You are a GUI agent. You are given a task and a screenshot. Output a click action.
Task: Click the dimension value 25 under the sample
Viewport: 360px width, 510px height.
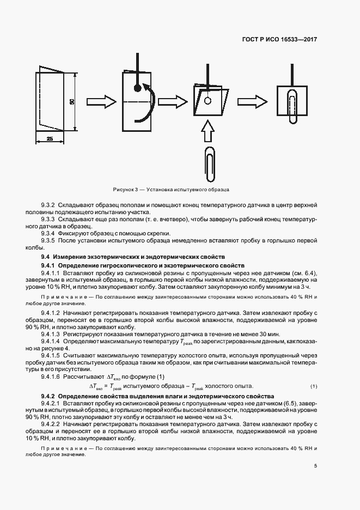pos(50,139)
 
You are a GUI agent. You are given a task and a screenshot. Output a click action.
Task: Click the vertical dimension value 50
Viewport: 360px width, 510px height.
pos(71,101)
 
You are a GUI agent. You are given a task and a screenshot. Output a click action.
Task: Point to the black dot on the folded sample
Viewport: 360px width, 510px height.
pos(138,87)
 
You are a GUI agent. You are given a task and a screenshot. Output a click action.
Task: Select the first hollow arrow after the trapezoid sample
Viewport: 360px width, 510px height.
pos(102,101)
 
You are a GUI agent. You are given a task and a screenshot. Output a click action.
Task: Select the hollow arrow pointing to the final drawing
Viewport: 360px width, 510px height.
pos(253,102)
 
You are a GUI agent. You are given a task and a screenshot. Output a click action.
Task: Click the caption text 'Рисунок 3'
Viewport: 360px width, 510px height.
pos(126,189)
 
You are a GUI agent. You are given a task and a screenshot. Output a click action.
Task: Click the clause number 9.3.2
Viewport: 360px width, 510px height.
pos(48,205)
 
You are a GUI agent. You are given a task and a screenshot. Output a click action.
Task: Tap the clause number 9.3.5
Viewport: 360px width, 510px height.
pos(48,240)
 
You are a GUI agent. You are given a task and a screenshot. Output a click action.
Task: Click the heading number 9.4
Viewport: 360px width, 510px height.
pos(45,256)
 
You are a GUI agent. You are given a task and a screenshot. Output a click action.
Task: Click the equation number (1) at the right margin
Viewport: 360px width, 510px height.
pos(314,386)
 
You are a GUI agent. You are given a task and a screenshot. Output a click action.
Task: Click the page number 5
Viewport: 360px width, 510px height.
pos(315,466)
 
